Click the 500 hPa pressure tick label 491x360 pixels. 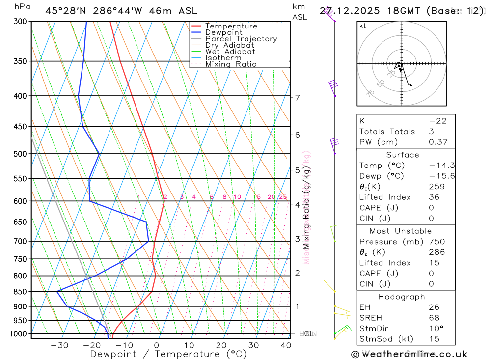[x=21, y=154]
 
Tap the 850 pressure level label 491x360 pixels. [x=21, y=292]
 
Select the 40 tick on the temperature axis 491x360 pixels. [x=285, y=345]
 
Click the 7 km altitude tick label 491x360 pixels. [x=298, y=97]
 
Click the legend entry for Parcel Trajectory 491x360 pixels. [x=241, y=39]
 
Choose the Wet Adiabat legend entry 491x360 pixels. [x=230, y=52]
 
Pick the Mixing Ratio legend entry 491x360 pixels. [x=231, y=64]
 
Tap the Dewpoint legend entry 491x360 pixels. [x=224, y=32]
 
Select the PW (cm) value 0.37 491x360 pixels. [x=438, y=142]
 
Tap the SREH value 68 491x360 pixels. [x=434, y=318]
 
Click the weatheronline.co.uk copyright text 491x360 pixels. [x=409, y=354]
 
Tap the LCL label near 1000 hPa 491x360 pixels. [x=306, y=334]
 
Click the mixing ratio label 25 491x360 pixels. [x=283, y=197]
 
